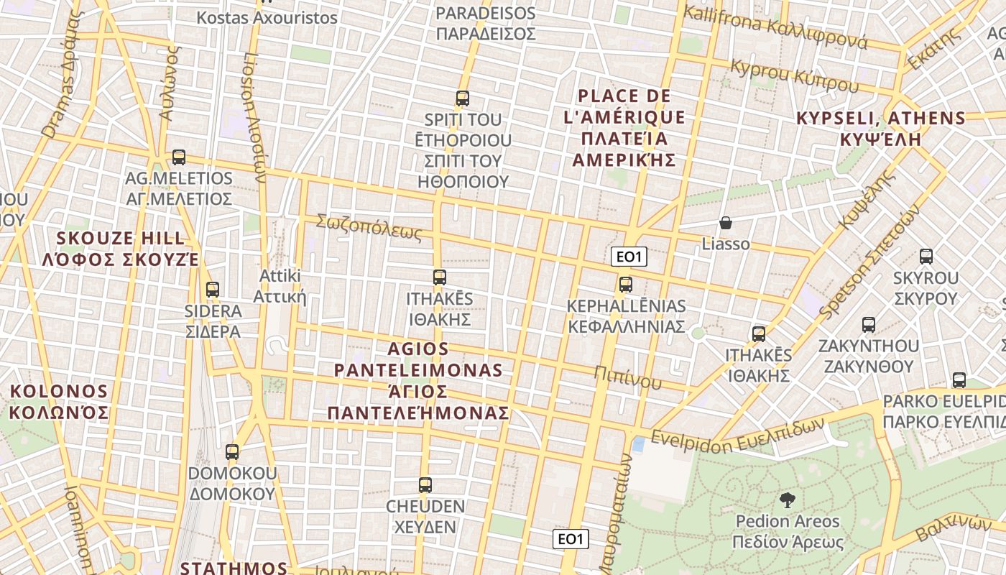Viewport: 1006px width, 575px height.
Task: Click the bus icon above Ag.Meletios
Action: (x=179, y=157)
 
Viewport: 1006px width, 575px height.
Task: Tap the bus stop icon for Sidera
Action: (x=213, y=290)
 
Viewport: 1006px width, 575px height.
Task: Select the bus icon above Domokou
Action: (x=232, y=452)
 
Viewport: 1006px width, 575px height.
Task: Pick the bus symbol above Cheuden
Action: (x=425, y=485)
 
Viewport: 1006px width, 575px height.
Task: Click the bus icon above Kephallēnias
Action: (x=626, y=285)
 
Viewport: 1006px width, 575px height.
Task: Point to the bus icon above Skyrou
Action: (x=926, y=256)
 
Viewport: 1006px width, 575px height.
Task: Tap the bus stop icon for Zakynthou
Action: (x=869, y=325)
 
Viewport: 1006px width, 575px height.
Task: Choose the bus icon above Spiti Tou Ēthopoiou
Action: (x=463, y=98)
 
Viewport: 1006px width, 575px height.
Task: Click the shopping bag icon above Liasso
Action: (x=726, y=223)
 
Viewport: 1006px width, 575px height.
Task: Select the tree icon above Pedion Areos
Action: (x=788, y=500)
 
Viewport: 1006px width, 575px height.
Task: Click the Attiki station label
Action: (x=280, y=287)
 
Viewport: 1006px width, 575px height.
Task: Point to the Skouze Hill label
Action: (x=120, y=249)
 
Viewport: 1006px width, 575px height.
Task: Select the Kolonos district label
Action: (x=58, y=402)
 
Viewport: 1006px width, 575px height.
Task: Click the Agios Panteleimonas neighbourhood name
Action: (x=418, y=381)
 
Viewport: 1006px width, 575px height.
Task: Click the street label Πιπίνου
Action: (x=627, y=377)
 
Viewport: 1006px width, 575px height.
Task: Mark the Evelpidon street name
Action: (x=737, y=433)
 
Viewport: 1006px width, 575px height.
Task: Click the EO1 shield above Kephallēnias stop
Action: (x=629, y=257)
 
